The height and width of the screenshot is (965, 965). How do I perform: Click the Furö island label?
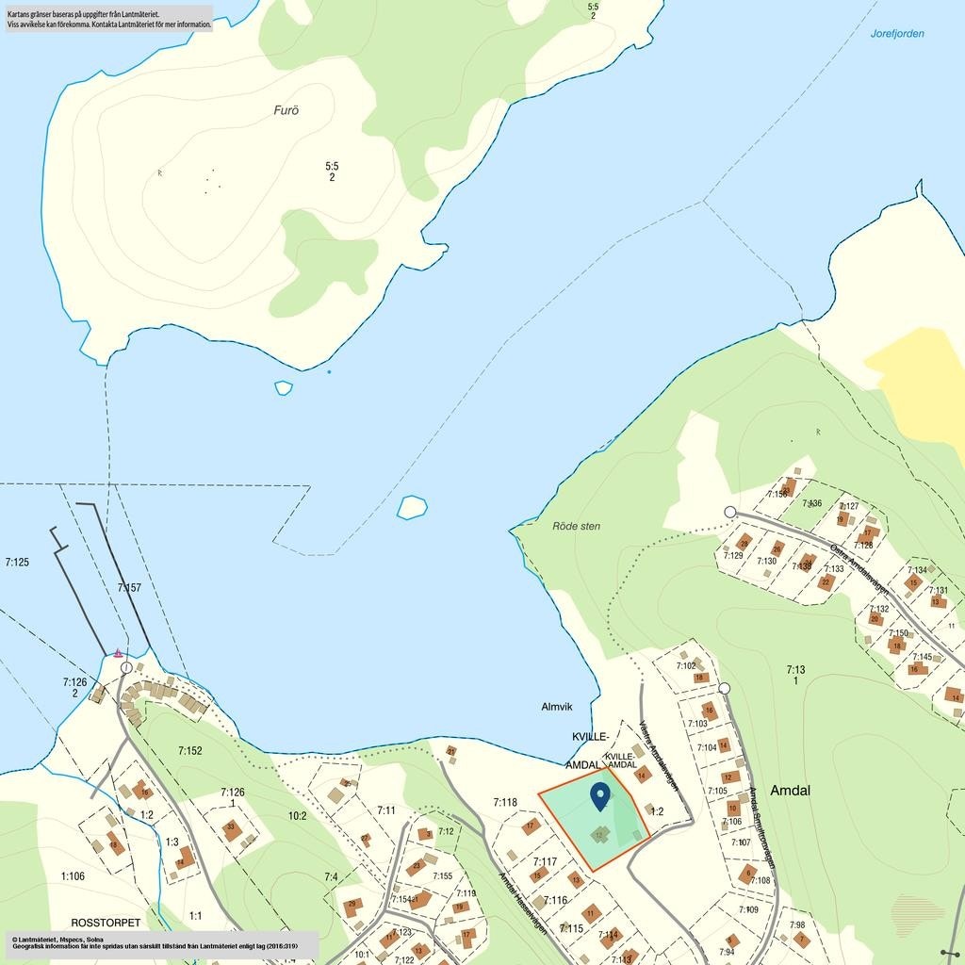[286, 110]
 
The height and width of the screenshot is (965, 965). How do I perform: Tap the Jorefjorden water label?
[897, 34]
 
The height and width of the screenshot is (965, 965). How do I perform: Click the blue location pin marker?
[599, 796]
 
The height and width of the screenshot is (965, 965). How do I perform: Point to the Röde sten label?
[576, 526]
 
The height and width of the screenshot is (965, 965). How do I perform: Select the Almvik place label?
[557, 707]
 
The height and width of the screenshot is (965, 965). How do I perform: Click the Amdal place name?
[790, 791]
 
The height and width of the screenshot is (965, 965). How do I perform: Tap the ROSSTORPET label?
[106, 922]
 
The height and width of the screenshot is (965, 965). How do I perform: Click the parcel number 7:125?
[17, 563]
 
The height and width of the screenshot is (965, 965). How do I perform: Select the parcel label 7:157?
[129, 588]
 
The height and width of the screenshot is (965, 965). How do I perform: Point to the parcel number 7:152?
[190, 751]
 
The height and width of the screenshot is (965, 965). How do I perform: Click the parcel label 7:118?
[505, 803]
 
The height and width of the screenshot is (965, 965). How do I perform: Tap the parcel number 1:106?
[73, 876]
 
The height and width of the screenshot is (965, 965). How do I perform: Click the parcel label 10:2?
[297, 816]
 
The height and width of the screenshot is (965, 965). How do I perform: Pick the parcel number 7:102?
[686, 666]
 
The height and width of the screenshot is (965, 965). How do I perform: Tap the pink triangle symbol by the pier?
[118, 652]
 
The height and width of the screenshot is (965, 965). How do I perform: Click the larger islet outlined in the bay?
[412, 507]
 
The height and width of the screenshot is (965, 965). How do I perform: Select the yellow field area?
[919, 382]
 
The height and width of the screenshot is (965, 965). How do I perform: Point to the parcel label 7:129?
[733, 556]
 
